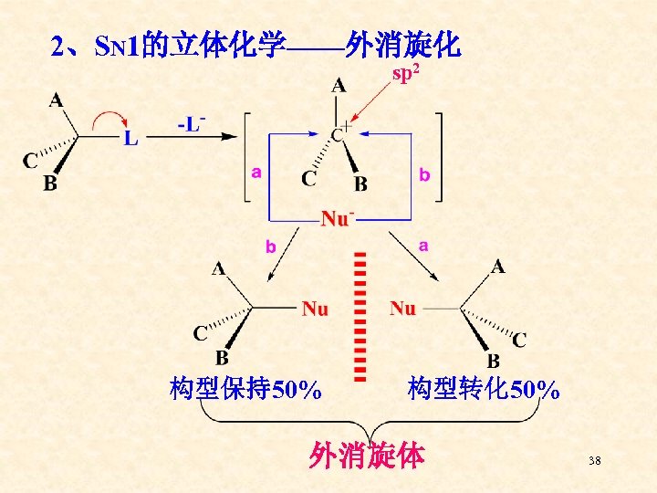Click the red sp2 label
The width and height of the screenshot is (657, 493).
pyautogui.click(x=405, y=73)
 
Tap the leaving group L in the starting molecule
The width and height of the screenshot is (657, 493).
pyautogui.click(x=131, y=139)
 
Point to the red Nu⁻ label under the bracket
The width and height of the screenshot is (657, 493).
pyautogui.click(x=337, y=219)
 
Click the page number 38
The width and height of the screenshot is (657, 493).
pyautogui.click(x=595, y=462)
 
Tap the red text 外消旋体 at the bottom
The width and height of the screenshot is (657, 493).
pyautogui.click(x=367, y=455)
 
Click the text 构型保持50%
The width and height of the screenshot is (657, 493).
pyautogui.click(x=245, y=390)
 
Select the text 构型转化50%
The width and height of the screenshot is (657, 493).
pyautogui.click(x=484, y=390)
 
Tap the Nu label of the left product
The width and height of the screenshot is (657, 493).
pyautogui.click(x=315, y=309)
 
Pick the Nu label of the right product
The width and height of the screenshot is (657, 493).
pyautogui.click(x=402, y=309)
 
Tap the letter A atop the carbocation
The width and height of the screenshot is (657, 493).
pyautogui.click(x=339, y=86)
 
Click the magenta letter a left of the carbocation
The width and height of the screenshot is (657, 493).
pyautogui.click(x=256, y=172)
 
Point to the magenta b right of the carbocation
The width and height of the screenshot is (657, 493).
pyautogui.click(x=423, y=173)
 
